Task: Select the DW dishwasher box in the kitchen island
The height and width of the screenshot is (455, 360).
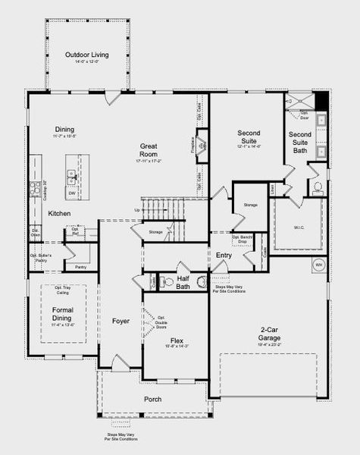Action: click(x=71, y=193)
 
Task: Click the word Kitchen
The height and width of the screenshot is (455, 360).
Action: click(x=60, y=214)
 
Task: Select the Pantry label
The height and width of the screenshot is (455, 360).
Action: click(x=81, y=267)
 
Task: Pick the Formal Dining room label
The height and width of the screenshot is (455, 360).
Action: click(x=62, y=315)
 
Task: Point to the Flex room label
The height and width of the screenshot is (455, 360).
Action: click(x=177, y=340)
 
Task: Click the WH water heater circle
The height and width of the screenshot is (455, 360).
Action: click(x=318, y=265)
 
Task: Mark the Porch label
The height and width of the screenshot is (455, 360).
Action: click(x=153, y=399)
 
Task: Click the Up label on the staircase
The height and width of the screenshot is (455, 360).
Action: click(x=136, y=210)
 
